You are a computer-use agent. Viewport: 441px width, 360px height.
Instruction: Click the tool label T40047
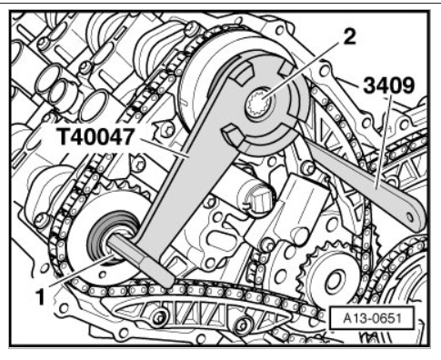pyautogui.click(x=95, y=137)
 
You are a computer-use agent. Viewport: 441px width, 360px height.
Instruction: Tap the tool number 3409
pyautogui.click(x=388, y=85)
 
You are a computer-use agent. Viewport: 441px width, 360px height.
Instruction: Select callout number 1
pyautogui.click(x=40, y=297)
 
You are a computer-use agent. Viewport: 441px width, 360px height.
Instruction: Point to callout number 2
pyautogui.click(x=349, y=37)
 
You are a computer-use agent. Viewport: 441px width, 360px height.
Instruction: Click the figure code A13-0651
pyautogui.click(x=372, y=318)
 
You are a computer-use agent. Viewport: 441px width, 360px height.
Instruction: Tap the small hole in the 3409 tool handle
pyautogui.click(x=410, y=217)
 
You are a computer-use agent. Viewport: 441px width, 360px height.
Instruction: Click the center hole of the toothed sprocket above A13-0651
pyautogui.click(x=334, y=280)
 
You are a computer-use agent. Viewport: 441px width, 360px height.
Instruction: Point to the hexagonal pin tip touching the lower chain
pyautogui.click(x=167, y=280)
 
